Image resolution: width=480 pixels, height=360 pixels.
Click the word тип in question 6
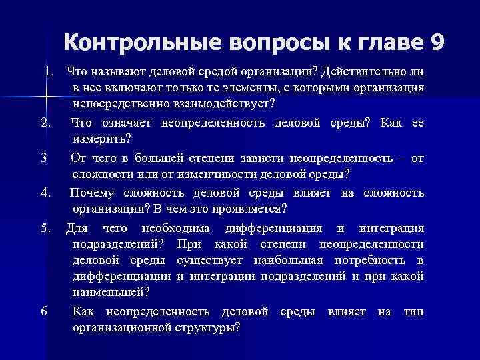coord(414,311)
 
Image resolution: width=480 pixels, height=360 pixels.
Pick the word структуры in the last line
coord(207,327)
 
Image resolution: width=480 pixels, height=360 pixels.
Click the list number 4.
coord(45,193)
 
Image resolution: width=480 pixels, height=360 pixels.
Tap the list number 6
coord(43,311)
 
